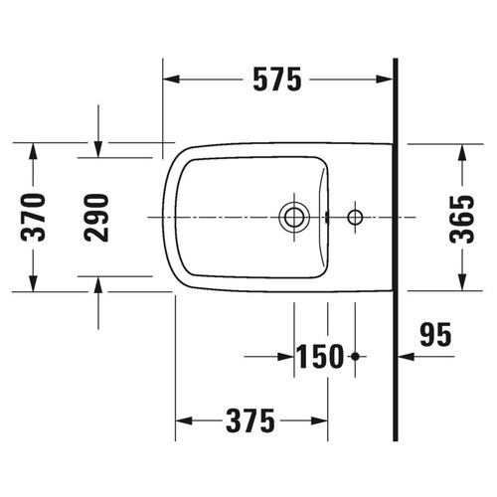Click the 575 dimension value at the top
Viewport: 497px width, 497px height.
click(x=277, y=80)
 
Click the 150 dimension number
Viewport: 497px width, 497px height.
click(x=320, y=355)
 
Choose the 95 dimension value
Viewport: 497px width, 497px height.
click(x=433, y=333)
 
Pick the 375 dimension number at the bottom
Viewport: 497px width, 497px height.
click(x=248, y=421)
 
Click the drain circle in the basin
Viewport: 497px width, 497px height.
click(x=294, y=216)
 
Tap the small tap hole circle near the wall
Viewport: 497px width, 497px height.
click(x=356, y=216)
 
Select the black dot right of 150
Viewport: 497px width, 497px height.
click(x=355, y=355)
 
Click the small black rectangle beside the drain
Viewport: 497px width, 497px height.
click(x=325, y=216)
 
